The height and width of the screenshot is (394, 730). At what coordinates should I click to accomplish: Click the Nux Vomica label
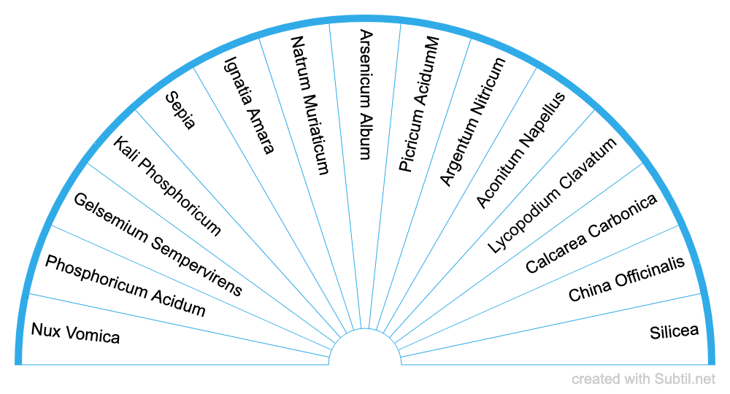pos(75,333)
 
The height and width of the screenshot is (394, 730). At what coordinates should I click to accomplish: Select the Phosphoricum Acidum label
pos(125,286)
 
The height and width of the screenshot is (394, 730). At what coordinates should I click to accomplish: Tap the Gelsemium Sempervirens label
pos(158,244)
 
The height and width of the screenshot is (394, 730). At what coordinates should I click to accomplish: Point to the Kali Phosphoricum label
pos(167,185)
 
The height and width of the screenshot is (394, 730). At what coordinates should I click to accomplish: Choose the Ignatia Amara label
pos(249,106)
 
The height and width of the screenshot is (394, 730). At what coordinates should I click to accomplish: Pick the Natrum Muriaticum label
pos(310,106)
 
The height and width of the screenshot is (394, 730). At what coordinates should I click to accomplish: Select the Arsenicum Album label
pos(366,94)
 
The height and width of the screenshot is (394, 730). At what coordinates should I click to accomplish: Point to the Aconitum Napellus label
pos(520,150)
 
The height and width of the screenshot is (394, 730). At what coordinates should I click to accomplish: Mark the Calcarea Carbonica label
pos(591,233)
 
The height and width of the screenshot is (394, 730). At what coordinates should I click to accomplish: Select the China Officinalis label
pos(626,279)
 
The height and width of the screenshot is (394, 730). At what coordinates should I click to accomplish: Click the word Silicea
pos(674,332)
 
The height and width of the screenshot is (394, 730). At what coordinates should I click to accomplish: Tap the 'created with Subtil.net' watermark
pos(644,379)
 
